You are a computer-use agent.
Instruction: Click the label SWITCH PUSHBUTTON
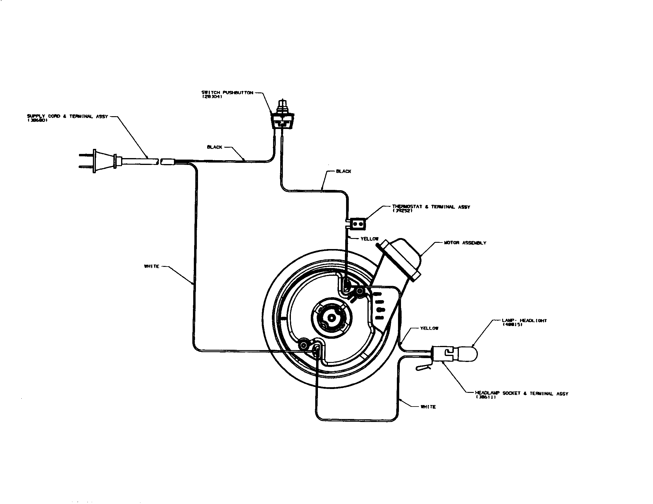227,93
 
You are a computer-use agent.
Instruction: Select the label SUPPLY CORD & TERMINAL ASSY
67,116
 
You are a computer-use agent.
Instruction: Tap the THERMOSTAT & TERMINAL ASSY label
431,207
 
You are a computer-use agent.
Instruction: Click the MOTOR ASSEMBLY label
465,243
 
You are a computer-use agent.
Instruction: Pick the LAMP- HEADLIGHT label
524,321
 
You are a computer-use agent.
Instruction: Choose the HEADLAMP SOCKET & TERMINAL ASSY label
522,393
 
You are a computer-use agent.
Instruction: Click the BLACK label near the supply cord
214,147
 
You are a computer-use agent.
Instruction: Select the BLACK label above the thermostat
343,171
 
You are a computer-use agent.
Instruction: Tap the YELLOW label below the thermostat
370,239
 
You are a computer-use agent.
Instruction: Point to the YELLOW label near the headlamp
429,328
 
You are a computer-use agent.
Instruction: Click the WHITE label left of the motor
152,266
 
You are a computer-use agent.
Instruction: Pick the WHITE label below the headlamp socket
428,407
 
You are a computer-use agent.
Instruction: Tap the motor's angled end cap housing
402,257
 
